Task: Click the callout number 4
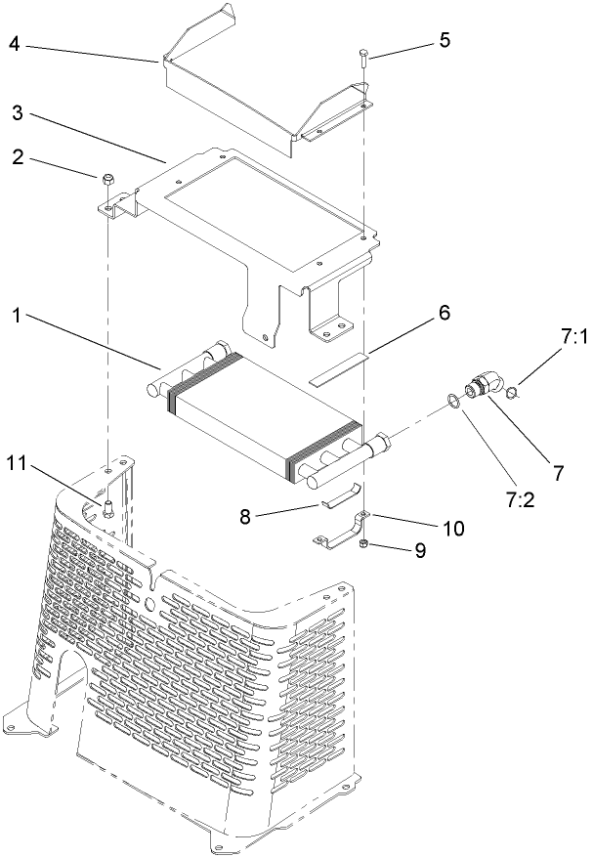(x=14, y=44)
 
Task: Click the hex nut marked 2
(x=106, y=178)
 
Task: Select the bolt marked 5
(x=363, y=56)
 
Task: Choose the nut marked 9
(x=363, y=542)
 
